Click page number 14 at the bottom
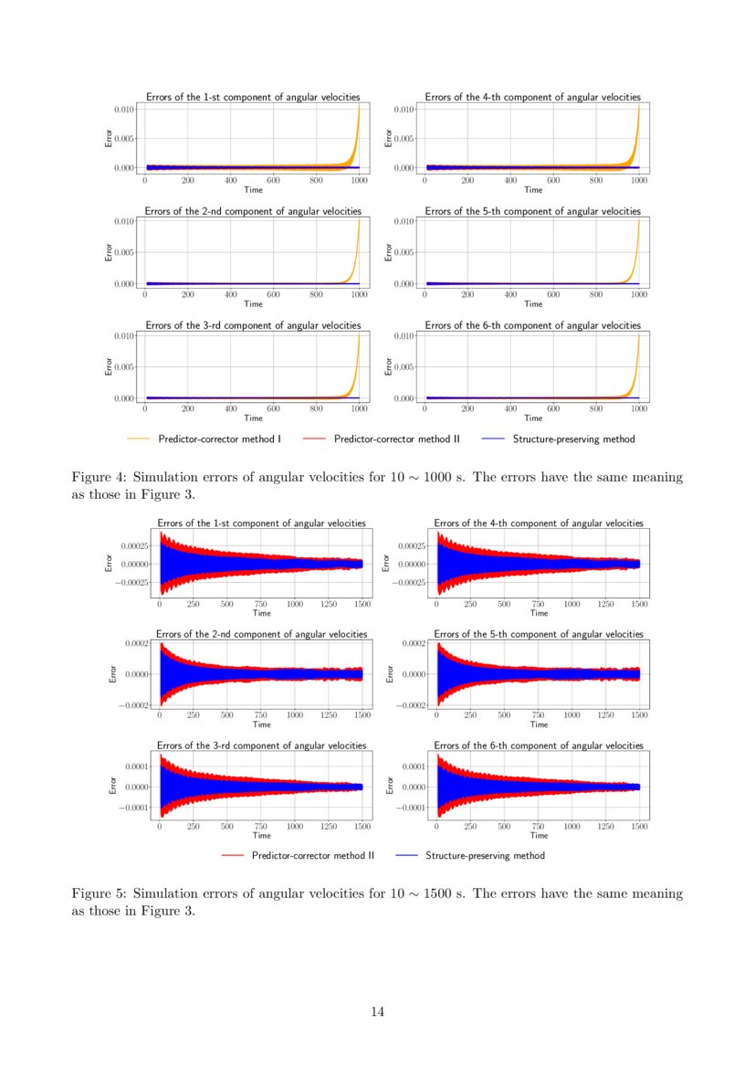tap(377, 1011)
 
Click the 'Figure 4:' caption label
tap(98, 478)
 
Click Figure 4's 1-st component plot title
tap(253, 97)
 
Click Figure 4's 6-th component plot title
tap(532, 325)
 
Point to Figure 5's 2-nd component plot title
tap(262, 634)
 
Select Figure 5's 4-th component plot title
tap(539, 523)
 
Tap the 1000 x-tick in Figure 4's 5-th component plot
tap(639, 295)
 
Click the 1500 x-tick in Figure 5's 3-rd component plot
tap(362, 825)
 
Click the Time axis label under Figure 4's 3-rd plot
tap(253, 418)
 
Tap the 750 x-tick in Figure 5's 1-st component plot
tap(261, 604)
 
